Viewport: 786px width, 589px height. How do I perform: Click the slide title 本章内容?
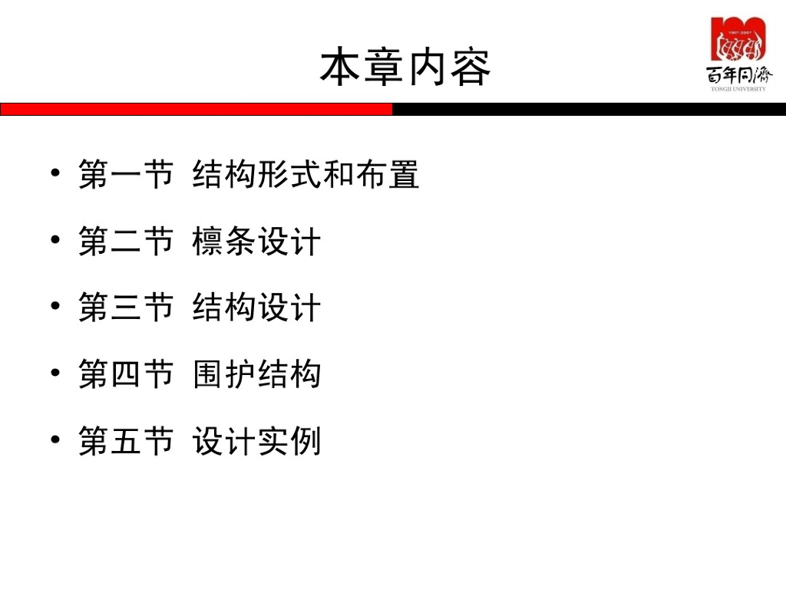click(x=405, y=67)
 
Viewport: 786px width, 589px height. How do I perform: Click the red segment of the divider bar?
click(x=196, y=109)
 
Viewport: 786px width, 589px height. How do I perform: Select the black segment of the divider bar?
click(x=589, y=109)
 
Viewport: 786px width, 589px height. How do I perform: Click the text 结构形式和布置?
click(x=306, y=176)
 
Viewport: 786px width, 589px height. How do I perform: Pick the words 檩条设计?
click(x=256, y=242)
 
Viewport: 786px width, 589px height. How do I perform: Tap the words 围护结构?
click(x=256, y=376)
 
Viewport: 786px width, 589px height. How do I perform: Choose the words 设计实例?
click(x=256, y=443)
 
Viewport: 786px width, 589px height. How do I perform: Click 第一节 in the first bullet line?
click(x=126, y=176)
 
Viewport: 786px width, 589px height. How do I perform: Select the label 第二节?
click(x=126, y=242)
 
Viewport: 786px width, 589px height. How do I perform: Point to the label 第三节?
click(x=126, y=309)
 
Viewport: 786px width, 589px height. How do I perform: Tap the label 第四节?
click(x=126, y=376)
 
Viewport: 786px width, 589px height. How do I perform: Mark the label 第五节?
click(x=126, y=443)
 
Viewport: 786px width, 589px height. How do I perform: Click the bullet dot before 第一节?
click(x=55, y=173)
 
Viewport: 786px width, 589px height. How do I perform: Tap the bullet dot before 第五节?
click(x=55, y=440)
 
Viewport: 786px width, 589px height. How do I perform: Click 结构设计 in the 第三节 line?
click(x=256, y=309)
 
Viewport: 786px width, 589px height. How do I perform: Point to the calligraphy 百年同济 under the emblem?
click(x=739, y=74)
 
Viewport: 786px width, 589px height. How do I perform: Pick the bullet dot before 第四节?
click(x=55, y=373)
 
